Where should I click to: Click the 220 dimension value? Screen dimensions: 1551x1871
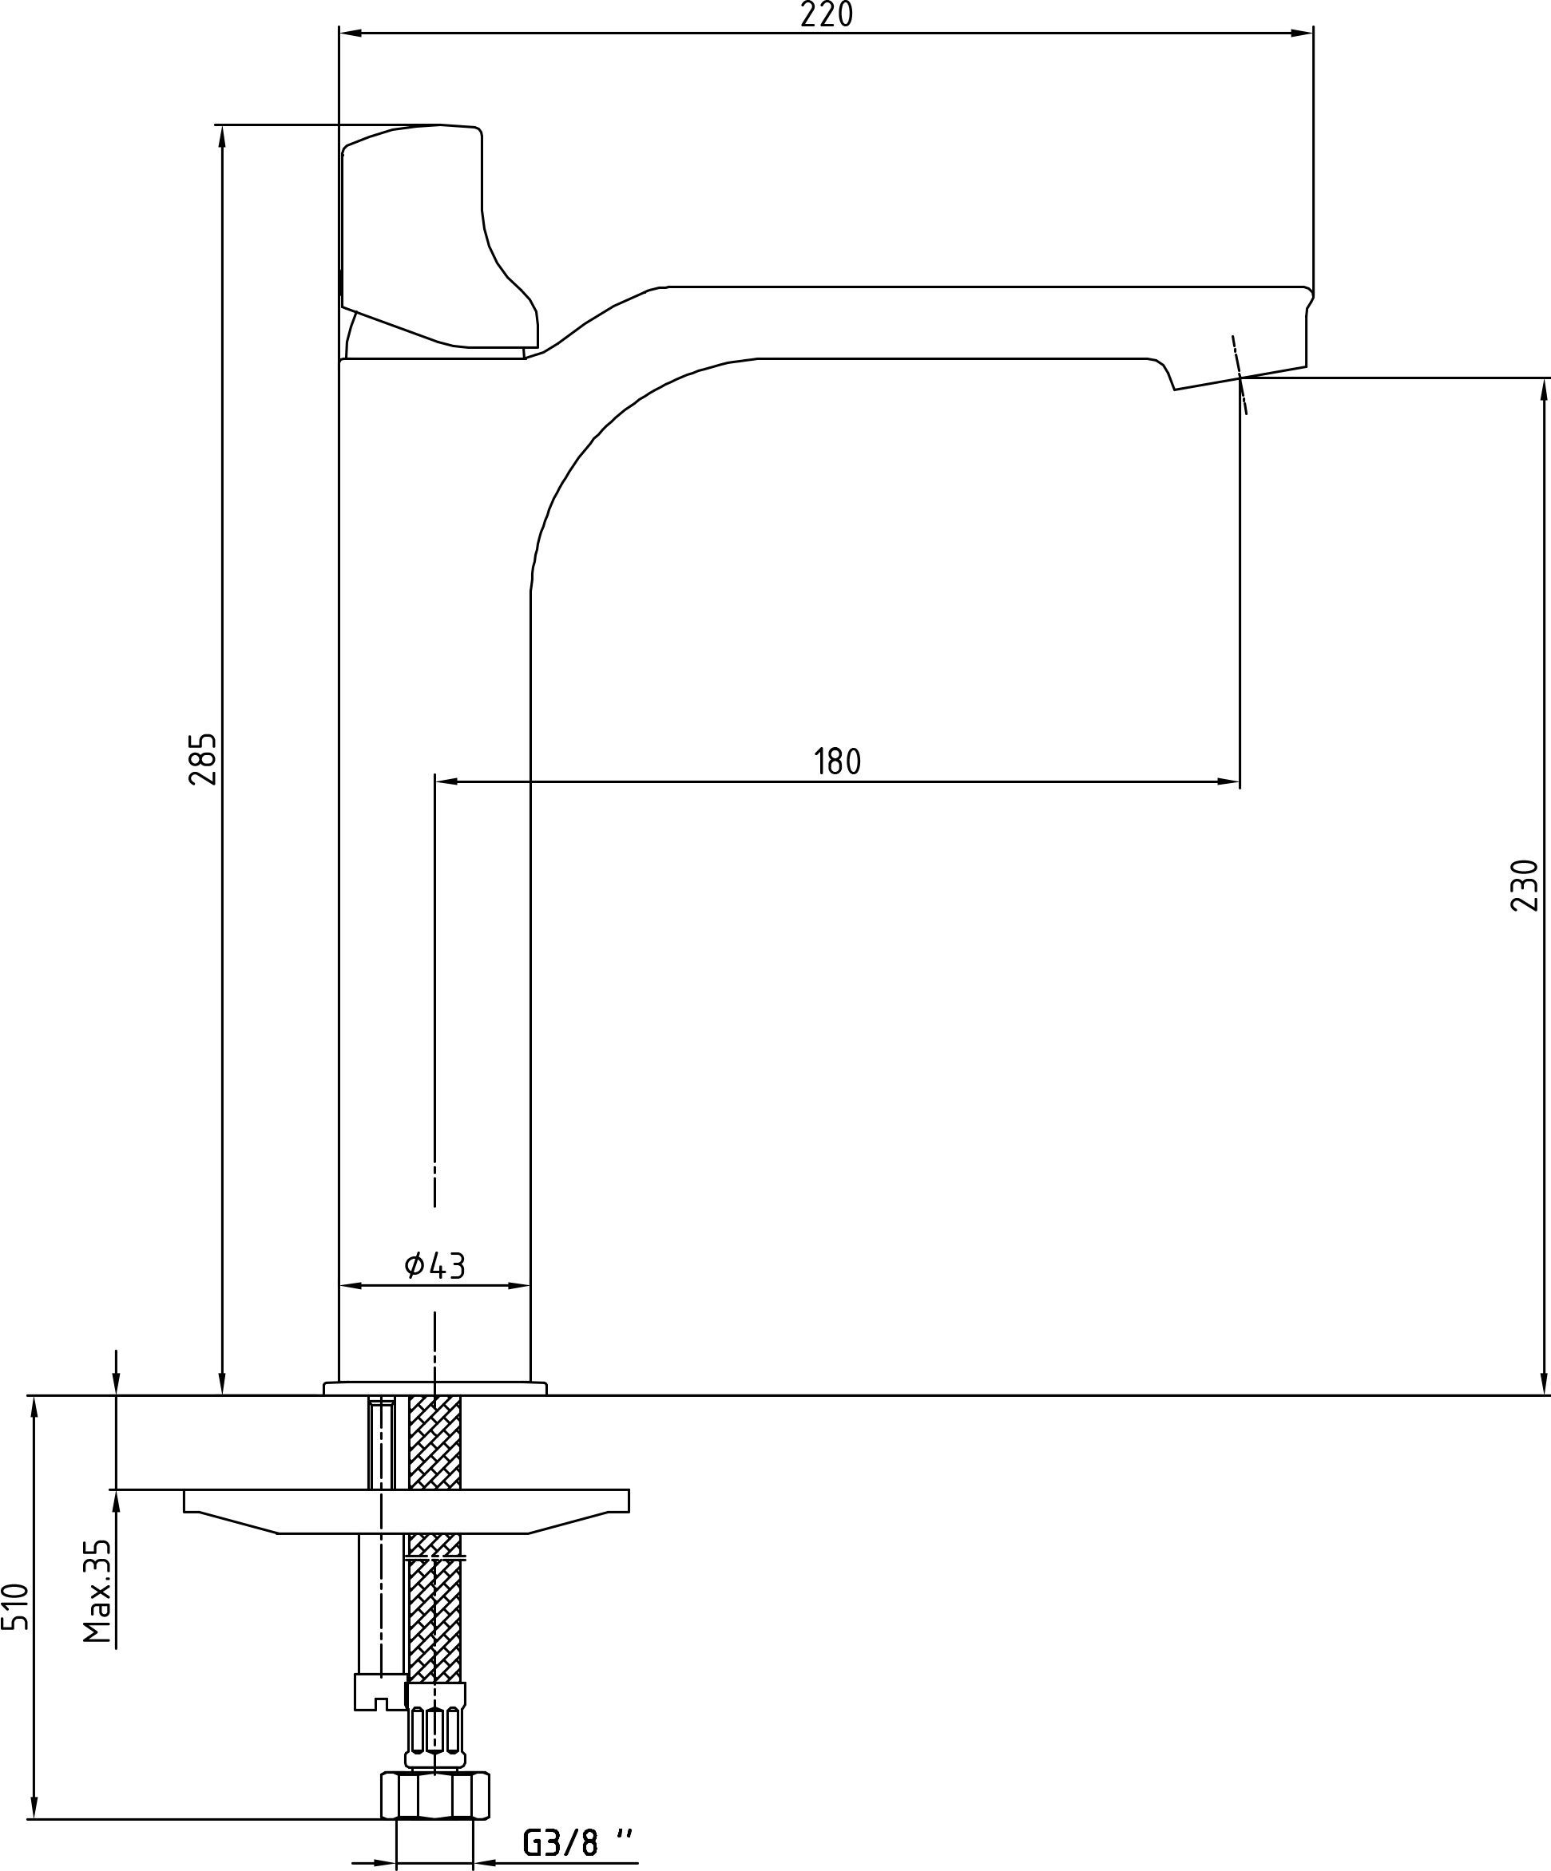pyautogui.click(x=827, y=15)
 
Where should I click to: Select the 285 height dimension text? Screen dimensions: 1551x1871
pyautogui.click(x=202, y=759)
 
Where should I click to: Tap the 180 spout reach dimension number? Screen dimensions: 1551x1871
pyautogui.click(x=838, y=761)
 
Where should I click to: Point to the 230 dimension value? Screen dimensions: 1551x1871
pyautogui.click(x=1525, y=884)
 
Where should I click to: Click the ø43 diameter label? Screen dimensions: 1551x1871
pyautogui.click(x=435, y=1264)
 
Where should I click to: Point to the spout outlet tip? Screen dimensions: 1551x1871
pyautogui.click(x=1239, y=378)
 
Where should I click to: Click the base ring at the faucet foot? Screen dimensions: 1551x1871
pyautogui.click(x=435, y=1388)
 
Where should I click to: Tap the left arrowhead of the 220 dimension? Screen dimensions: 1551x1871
pyautogui.click(x=351, y=33)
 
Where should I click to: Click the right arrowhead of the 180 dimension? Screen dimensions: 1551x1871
pyautogui.click(x=1228, y=782)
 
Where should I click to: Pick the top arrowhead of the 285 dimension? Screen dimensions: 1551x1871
pyautogui.click(x=222, y=136)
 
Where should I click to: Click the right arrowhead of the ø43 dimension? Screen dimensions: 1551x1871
pyautogui.click(x=520, y=1286)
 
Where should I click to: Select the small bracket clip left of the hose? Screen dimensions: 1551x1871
pyautogui.click(x=381, y=1690)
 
